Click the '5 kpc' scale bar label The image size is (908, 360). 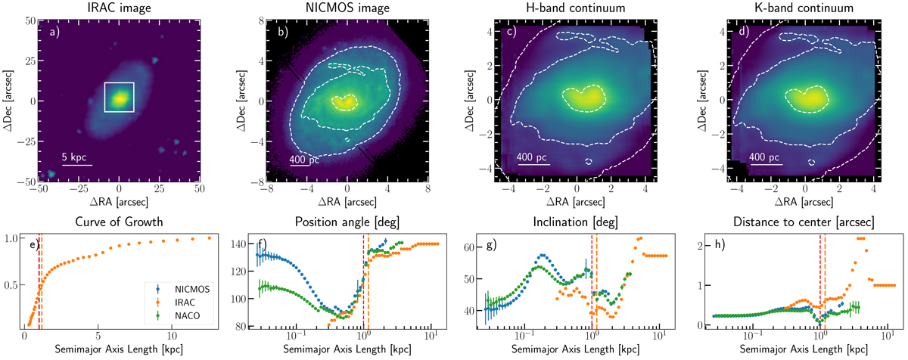pos(76,157)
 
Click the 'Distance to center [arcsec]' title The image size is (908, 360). pos(804,222)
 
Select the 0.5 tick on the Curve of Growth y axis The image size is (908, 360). pos(11,285)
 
